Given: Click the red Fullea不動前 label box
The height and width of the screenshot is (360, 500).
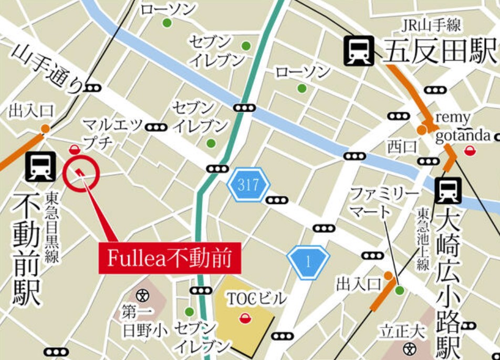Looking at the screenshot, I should [x=170, y=258].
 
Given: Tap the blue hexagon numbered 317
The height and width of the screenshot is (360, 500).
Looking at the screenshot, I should [x=248, y=185].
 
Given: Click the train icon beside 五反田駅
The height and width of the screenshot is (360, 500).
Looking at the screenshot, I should [x=359, y=51].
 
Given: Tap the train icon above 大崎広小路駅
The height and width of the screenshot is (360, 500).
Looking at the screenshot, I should [x=448, y=190].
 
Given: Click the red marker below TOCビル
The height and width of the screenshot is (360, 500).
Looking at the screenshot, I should [x=244, y=317].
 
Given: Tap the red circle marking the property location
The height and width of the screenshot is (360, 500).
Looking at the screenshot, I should [x=81, y=173].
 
